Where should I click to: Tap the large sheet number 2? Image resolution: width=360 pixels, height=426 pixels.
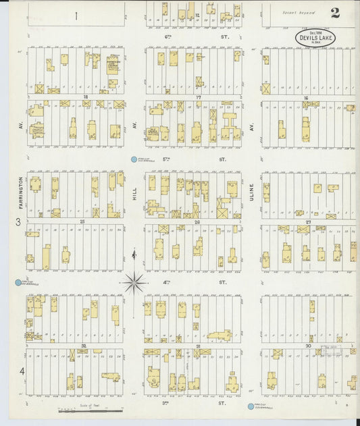click(x=335, y=13)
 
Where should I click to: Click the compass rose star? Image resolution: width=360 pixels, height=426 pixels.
click(x=135, y=282)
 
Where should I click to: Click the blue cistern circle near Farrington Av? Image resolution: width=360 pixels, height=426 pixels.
click(x=18, y=282)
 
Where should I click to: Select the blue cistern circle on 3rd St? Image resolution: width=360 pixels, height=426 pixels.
click(x=249, y=406)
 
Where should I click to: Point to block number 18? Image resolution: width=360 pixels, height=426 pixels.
click(x=86, y=98)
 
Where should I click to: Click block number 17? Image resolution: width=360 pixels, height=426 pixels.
click(x=199, y=98)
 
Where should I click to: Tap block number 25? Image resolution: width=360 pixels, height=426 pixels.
click(x=82, y=221)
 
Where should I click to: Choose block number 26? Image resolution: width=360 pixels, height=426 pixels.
click(x=197, y=221)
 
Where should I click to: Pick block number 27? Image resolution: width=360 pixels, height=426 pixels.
click(x=307, y=221)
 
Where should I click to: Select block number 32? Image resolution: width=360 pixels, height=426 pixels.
click(x=83, y=345)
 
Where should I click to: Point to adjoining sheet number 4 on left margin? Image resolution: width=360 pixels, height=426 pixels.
click(x=22, y=371)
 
